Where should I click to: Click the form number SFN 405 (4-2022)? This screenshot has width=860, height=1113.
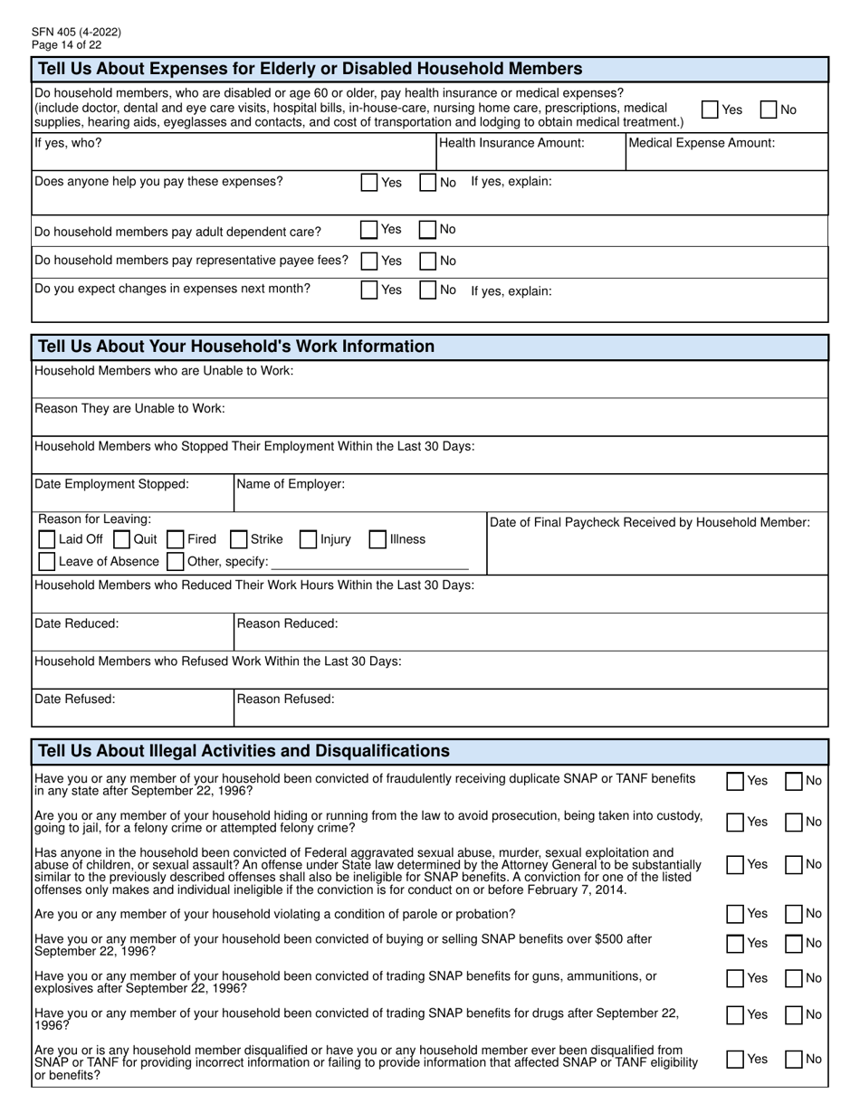76,32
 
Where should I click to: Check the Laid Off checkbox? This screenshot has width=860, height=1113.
47,539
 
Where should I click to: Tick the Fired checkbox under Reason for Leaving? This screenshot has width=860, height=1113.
176,539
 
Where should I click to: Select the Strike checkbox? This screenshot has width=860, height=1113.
239,539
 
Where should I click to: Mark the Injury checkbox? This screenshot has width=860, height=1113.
308,539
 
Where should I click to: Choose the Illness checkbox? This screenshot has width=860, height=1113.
377,539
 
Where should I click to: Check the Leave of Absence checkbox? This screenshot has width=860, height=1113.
47,562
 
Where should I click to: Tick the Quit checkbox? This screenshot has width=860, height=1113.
122,539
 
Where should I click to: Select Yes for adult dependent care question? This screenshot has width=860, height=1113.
369,230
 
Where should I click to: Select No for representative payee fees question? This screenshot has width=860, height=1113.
428,261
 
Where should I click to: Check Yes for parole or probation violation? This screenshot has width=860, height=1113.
735,914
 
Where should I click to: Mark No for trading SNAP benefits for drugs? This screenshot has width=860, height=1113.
794,1014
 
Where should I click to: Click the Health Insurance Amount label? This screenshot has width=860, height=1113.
511,143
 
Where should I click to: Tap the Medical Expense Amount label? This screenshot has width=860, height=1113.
702,143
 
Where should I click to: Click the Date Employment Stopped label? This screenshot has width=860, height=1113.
111,484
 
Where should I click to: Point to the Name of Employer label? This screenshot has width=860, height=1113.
291,484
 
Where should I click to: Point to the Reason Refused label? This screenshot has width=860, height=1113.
285,699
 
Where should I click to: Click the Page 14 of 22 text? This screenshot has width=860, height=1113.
66,44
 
